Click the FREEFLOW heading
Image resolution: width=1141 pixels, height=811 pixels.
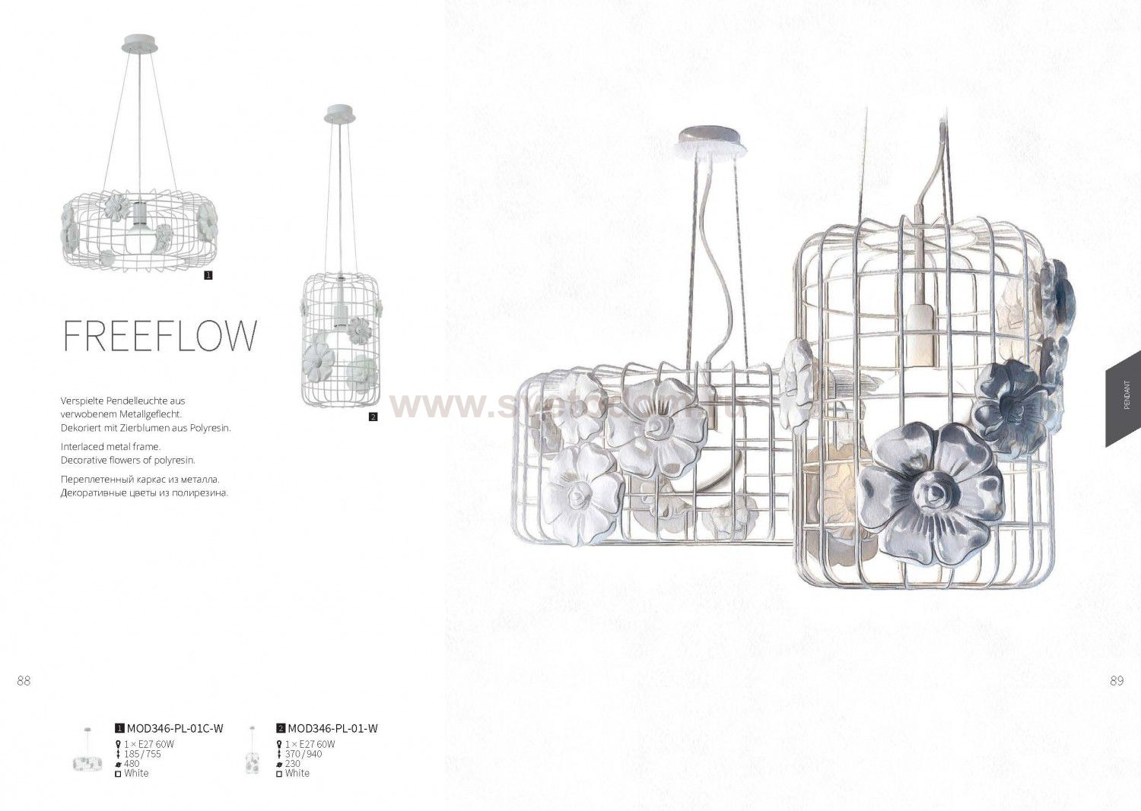(160, 335)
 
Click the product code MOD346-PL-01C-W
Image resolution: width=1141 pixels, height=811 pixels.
(175, 728)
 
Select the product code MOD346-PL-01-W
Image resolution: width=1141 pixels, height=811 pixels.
(333, 728)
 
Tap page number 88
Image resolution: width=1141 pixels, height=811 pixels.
(24, 681)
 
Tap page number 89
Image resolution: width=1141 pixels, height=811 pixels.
(1117, 681)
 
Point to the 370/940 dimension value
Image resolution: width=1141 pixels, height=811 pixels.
(304, 754)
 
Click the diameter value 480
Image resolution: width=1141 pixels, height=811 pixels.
(132, 764)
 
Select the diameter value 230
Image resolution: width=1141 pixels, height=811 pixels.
(293, 764)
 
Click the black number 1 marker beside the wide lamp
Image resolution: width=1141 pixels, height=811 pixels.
(208, 275)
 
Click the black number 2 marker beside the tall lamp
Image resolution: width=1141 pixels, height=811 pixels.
(373, 417)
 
